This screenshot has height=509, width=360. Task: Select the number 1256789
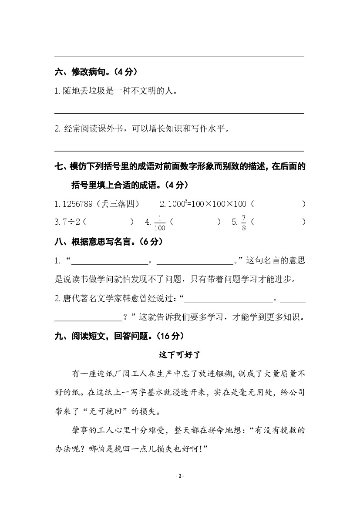click(x=78, y=204)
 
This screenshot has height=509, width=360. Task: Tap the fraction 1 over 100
click(x=160, y=222)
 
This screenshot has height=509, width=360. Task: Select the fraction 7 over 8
click(x=244, y=222)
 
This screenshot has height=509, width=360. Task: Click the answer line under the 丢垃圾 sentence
click(x=179, y=113)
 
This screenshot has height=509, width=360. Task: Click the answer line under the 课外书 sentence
click(x=179, y=150)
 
